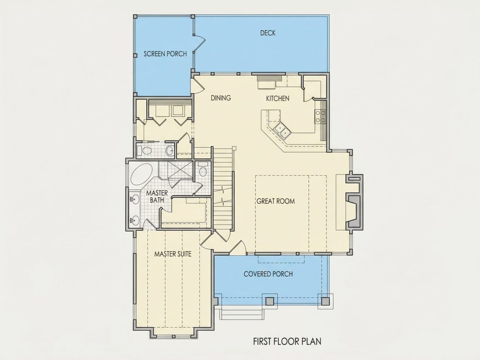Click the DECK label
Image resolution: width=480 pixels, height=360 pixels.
pyautogui.click(x=268, y=33)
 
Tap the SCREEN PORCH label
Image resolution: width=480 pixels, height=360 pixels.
pyautogui.click(x=165, y=54)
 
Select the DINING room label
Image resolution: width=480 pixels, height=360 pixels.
pyautogui.click(x=221, y=98)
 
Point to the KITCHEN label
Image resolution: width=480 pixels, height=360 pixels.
pyautogui.click(x=278, y=98)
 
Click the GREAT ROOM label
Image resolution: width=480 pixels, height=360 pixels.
pyautogui.click(x=276, y=201)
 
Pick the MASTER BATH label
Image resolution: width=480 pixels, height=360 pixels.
pyautogui.click(x=157, y=196)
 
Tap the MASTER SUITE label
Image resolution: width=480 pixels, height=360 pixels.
pyautogui.click(x=173, y=254)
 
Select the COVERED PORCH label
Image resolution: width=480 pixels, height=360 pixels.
pyautogui.click(x=268, y=274)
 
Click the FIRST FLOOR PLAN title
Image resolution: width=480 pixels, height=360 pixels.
pyautogui.click(x=287, y=341)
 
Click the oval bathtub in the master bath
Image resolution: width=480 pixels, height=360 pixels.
pyautogui.click(x=141, y=175)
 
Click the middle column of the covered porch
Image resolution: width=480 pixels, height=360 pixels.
pyautogui.click(x=270, y=301)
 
